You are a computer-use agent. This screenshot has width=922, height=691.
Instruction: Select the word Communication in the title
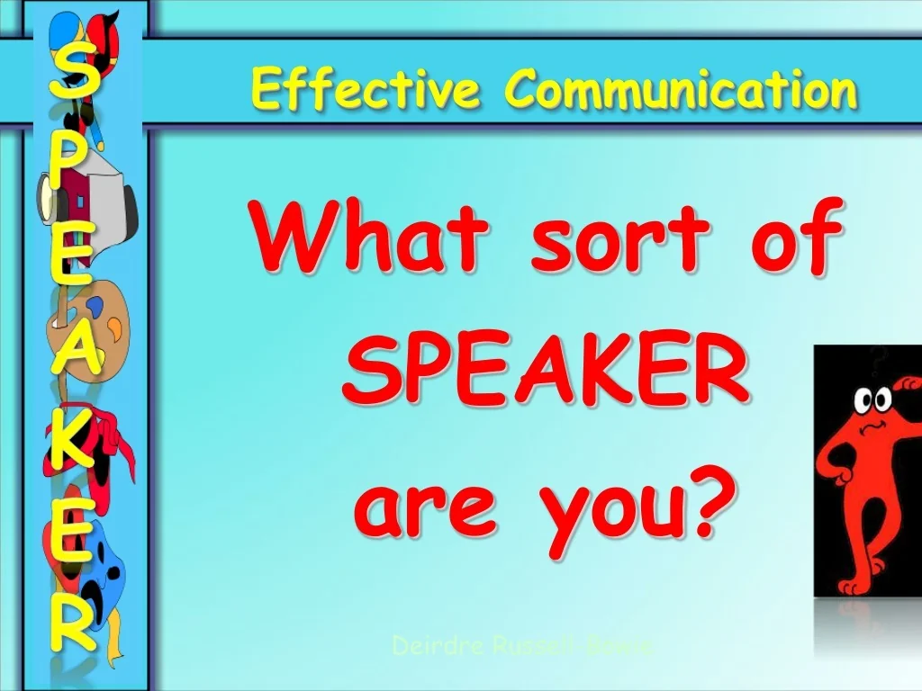pos(681,91)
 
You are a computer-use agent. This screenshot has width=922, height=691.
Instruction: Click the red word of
pos(791,238)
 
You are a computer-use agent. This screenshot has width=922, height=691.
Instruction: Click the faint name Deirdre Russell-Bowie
pos(526,645)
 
